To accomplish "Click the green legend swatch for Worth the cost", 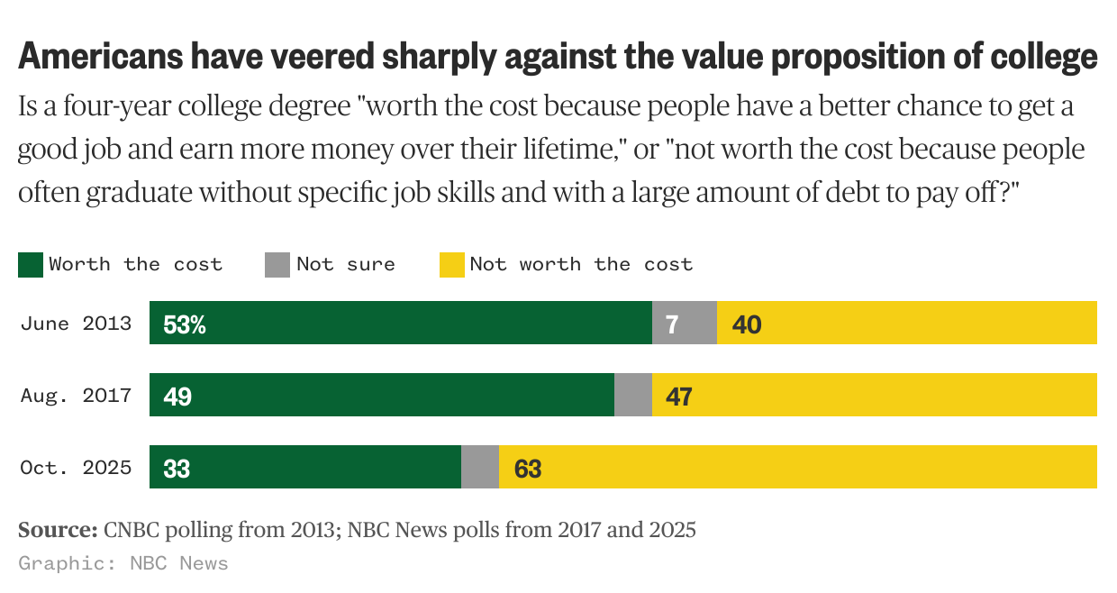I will click(31, 265).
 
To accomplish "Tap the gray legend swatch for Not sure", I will click(277, 265).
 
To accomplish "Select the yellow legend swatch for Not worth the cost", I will click(451, 265).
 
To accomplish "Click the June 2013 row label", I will click(76, 324).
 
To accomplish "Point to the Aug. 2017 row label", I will click(76, 396).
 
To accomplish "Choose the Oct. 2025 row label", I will click(76, 468).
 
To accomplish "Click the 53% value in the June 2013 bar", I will click(185, 324).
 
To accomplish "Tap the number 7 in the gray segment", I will click(672, 324).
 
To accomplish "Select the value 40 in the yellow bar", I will click(747, 324).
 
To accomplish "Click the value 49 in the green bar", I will click(177, 397).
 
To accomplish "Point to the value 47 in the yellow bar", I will click(678, 397).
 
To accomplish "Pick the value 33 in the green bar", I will click(177, 469).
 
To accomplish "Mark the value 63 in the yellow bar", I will click(527, 469).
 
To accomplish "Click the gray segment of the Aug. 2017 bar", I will click(633, 396).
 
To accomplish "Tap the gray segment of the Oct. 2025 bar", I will click(480, 468).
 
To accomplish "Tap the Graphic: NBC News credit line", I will click(123, 564).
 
